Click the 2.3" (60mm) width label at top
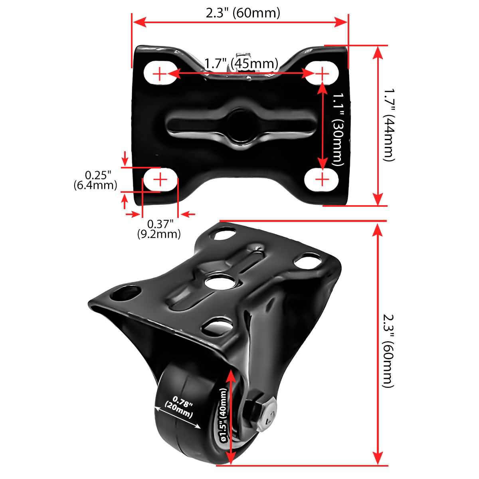click(243, 13)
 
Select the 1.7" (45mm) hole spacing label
click(241, 63)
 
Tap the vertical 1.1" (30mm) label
click(337, 129)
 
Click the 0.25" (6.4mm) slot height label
click(95, 180)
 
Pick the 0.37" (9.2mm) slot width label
click(159, 229)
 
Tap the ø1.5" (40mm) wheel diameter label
click(223, 415)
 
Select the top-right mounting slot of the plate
click(322, 73)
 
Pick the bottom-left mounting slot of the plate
click(160, 180)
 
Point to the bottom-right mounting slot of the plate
click(322, 180)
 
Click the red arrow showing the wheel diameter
click(231, 417)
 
